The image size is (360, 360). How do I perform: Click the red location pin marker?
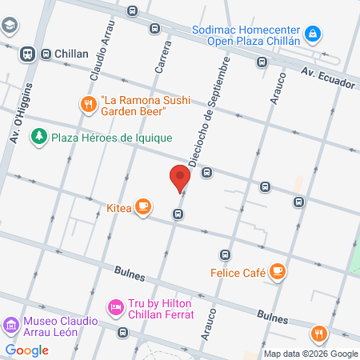coord(179,178)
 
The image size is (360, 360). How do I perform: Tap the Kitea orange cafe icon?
coord(143,206)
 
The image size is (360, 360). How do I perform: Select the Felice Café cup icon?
coord(278,272)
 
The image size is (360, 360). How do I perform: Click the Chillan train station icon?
coord(27,54)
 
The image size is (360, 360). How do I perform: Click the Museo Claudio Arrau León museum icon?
coord(11,325)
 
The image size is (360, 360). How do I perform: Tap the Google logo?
coord(27,350)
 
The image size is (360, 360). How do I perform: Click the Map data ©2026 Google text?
coord(311,354)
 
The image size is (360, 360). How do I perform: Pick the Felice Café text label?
coord(238,273)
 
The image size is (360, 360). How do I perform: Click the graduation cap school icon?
coord(9,26)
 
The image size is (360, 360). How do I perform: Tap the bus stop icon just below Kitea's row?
coord(178,214)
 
